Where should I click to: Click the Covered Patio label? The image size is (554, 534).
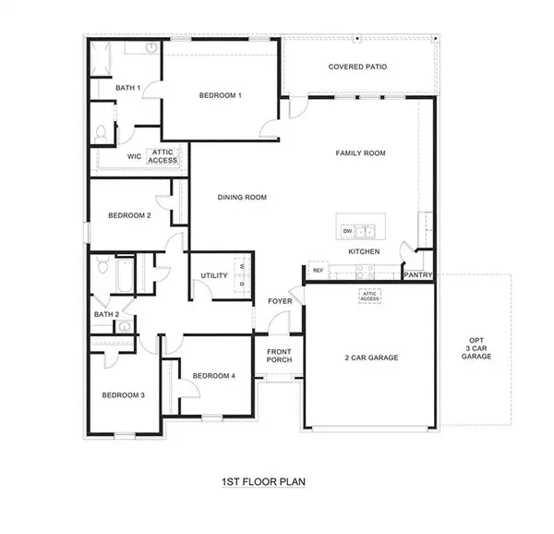click(357, 67)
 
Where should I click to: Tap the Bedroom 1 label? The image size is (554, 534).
click(221, 95)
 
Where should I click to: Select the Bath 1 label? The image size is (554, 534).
click(127, 89)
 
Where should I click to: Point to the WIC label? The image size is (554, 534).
click(134, 157)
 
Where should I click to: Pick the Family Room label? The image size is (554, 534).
click(360, 153)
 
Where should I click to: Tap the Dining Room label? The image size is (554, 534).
click(242, 197)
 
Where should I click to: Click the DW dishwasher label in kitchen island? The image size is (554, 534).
click(347, 231)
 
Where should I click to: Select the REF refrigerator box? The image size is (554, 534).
click(318, 271)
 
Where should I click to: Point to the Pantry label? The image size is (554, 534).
click(417, 274)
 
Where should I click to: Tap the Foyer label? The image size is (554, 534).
click(280, 301)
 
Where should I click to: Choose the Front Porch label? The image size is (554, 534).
click(279, 356)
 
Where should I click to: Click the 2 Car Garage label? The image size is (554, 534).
click(370, 357)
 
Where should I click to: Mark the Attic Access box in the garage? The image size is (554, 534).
click(369, 297)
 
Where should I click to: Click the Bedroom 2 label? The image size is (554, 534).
click(129, 215)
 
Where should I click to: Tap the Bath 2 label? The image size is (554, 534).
click(106, 314)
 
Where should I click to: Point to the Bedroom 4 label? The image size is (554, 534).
click(214, 375)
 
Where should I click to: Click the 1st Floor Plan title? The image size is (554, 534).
click(262, 482)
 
